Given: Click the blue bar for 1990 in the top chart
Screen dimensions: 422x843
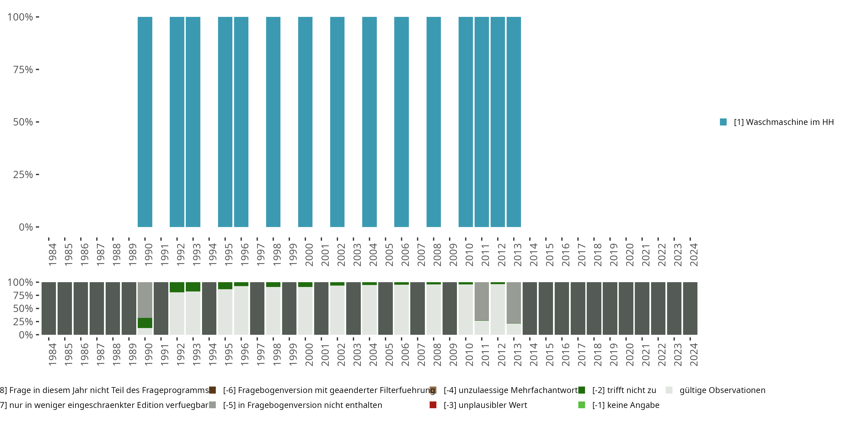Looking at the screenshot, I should (145, 122).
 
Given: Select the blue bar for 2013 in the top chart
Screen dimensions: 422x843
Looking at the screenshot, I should (513, 122).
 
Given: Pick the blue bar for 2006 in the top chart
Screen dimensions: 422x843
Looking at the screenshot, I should (401, 122).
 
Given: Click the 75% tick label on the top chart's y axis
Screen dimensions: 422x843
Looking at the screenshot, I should (23, 69).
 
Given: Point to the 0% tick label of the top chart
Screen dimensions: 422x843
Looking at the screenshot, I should (26, 227).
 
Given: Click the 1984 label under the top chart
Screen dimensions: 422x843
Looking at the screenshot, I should (52, 255).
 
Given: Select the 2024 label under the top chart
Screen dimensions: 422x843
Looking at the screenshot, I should (694, 255).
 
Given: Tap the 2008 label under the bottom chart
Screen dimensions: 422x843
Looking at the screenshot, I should (437, 354).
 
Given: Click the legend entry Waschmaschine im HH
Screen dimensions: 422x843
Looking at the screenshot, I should (783, 122).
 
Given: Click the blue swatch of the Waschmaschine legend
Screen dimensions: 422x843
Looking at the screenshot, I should (723, 122).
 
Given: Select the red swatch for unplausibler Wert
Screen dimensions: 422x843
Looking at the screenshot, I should (433, 405).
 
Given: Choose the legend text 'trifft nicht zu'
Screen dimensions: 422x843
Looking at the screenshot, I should (624, 390).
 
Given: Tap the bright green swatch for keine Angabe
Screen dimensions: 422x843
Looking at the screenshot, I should (581, 405).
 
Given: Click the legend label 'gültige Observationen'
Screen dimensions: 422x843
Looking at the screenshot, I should (722, 390).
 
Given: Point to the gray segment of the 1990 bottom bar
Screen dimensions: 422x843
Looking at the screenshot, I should (145, 300).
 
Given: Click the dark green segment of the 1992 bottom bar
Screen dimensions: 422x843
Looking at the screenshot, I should (177, 287).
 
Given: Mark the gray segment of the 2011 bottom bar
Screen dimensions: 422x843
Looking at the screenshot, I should (481, 301).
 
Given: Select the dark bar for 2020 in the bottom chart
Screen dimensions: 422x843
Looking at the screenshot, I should (626, 308).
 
